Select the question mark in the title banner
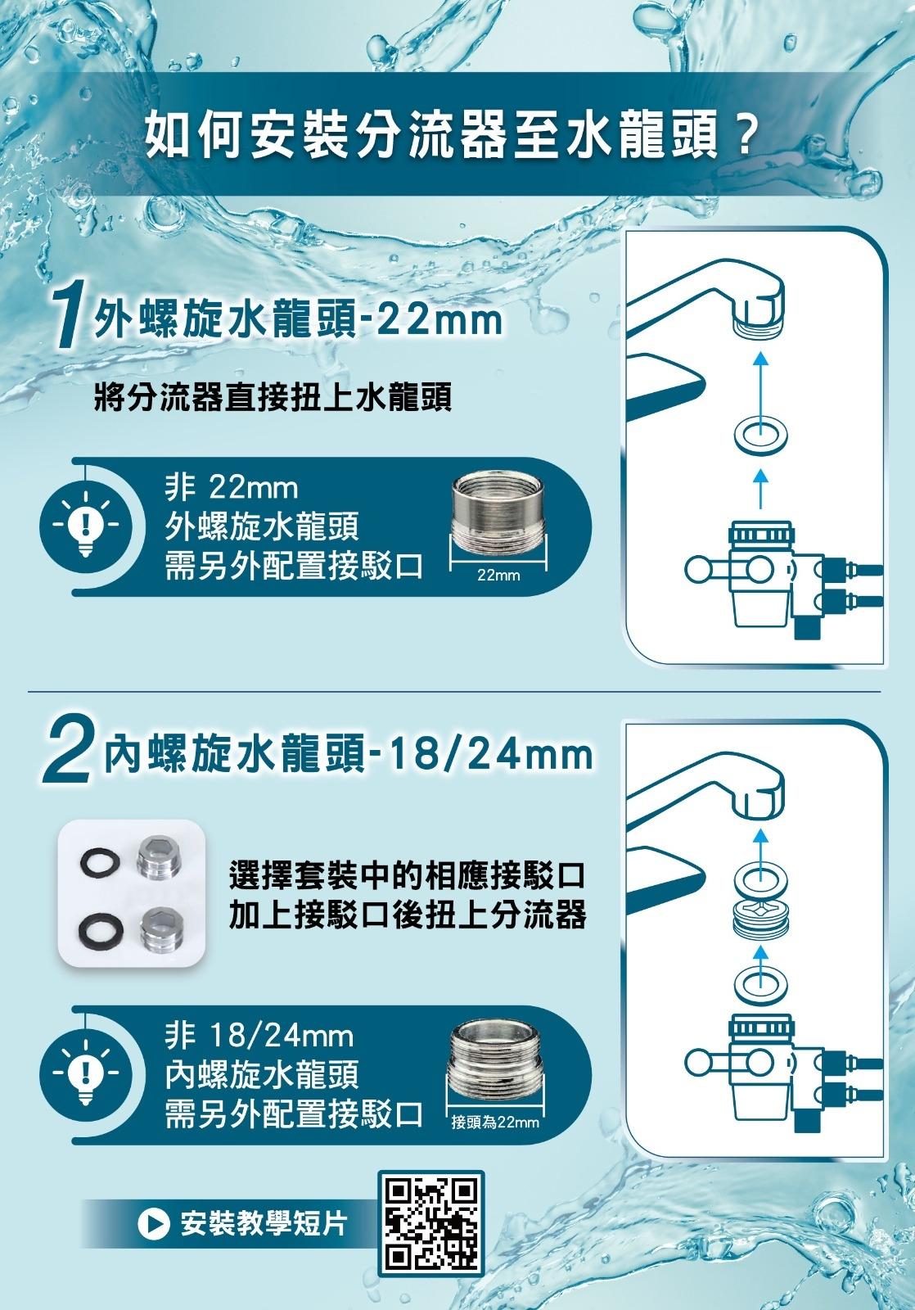[743, 137]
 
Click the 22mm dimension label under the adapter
[498, 576]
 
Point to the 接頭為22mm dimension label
[494, 1123]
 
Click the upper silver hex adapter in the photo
[160, 857]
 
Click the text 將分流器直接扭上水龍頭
[273, 398]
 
